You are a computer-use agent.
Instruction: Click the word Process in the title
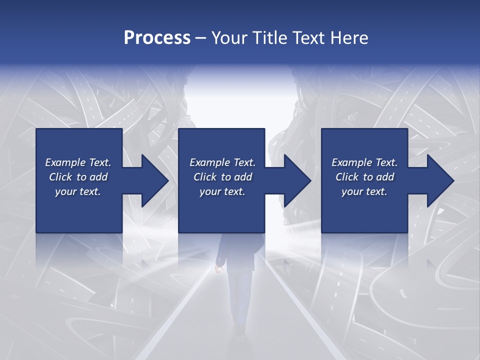tap(157, 38)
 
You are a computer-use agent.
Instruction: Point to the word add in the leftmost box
tap(99, 177)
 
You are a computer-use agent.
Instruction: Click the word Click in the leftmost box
tap(60, 177)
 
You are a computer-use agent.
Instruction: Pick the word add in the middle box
tap(243, 177)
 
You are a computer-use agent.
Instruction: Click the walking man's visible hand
tap(218, 270)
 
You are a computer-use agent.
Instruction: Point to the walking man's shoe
tap(242, 328)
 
